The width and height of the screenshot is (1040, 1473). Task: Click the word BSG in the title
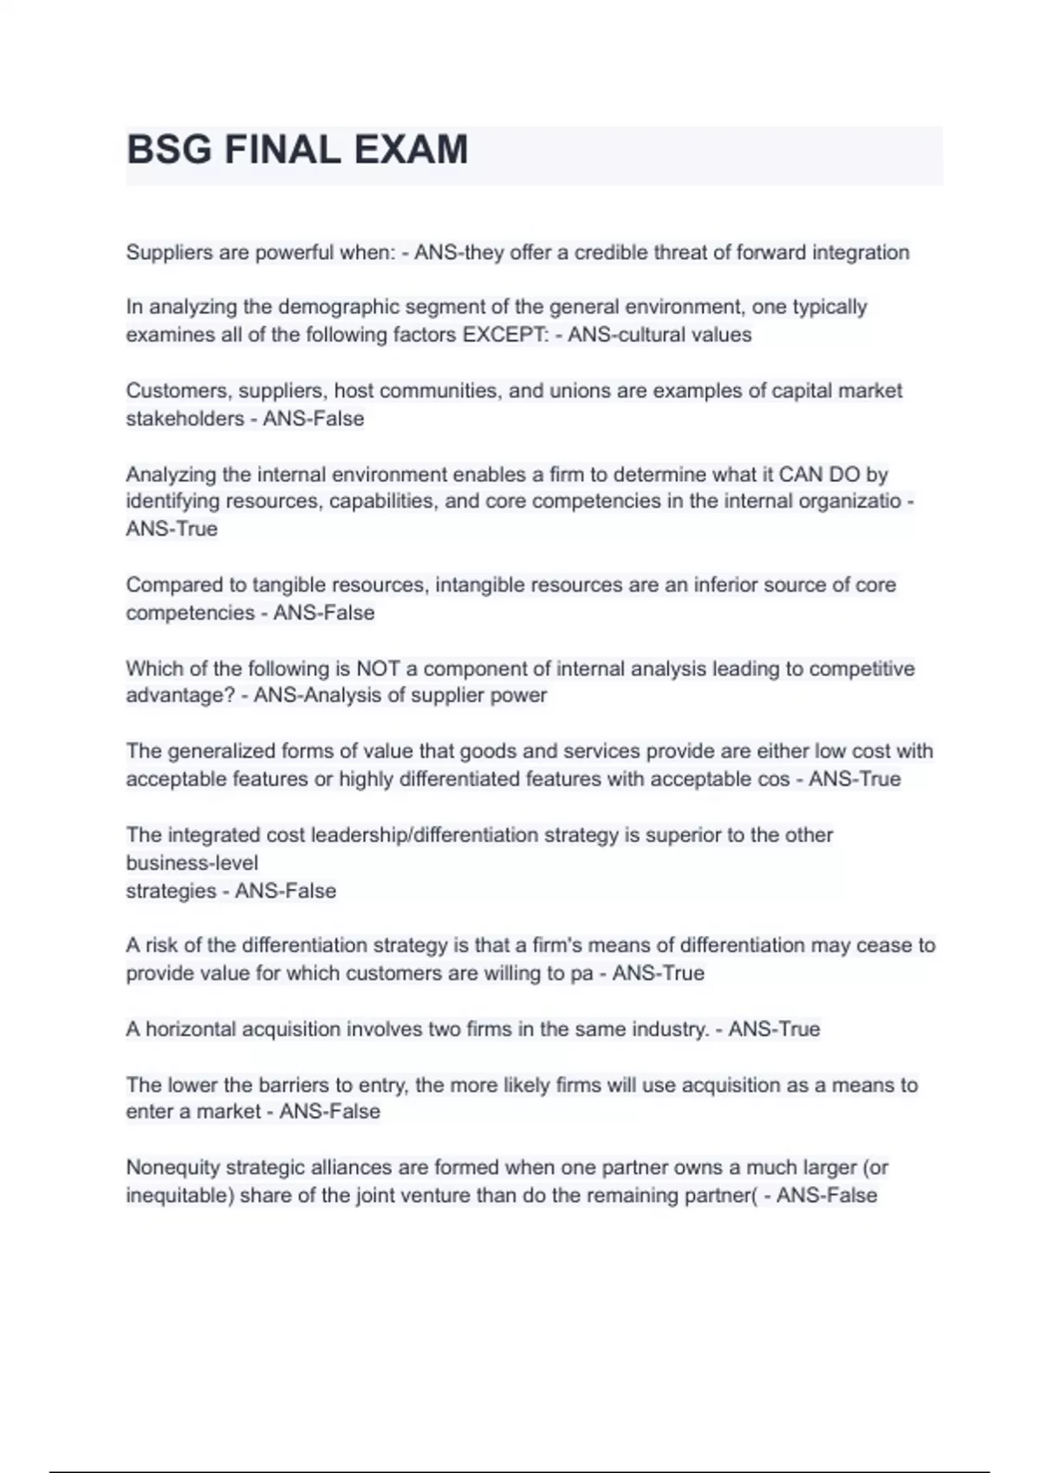pos(169,150)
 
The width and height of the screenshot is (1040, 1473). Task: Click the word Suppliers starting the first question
pos(169,253)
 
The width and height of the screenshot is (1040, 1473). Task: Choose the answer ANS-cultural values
pos(660,335)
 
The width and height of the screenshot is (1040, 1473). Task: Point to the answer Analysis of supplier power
pos(400,696)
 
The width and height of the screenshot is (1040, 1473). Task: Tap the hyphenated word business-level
pos(192,863)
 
